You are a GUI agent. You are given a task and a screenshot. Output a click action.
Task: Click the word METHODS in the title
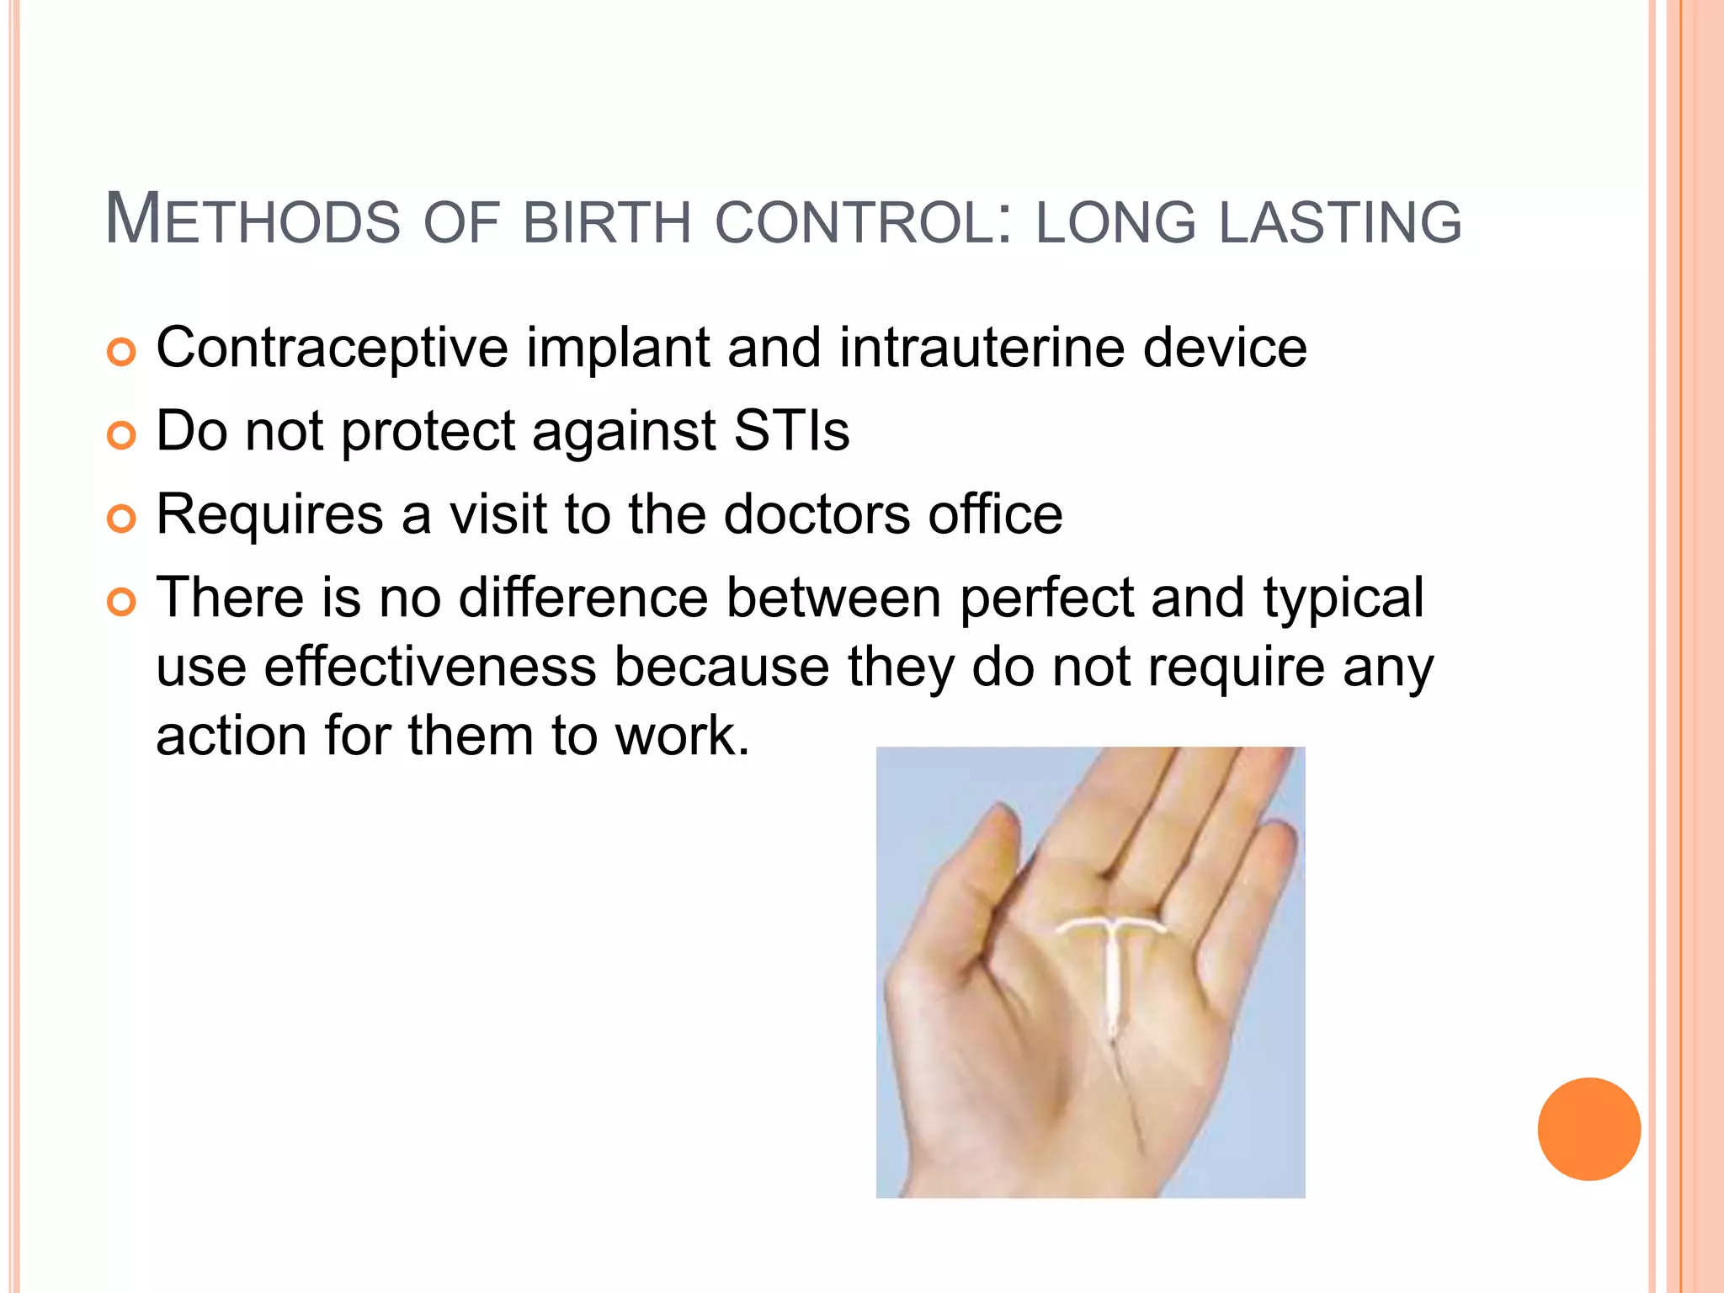(x=253, y=221)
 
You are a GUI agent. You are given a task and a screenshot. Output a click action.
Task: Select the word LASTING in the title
(x=1340, y=222)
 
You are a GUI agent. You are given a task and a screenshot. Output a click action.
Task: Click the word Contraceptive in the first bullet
(x=333, y=348)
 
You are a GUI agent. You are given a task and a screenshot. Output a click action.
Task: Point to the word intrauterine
(x=982, y=348)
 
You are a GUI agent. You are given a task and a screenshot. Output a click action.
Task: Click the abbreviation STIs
(x=791, y=430)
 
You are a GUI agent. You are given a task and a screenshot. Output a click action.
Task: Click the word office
(x=995, y=513)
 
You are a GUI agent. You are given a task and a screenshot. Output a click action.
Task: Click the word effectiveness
(x=429, y=666)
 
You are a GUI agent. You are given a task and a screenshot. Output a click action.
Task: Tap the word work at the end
(x=680, y=735)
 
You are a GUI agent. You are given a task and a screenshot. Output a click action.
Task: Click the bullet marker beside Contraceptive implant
(x=122, y=352)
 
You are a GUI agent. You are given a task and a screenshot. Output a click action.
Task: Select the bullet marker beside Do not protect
(x=122, y=435)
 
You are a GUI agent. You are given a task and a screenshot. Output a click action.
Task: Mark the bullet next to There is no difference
(x=122, y=602)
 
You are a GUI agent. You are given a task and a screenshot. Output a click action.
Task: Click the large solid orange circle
(x=1588, y=1129)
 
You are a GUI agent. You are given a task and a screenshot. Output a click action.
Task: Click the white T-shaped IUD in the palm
(x=1112, y=960)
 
